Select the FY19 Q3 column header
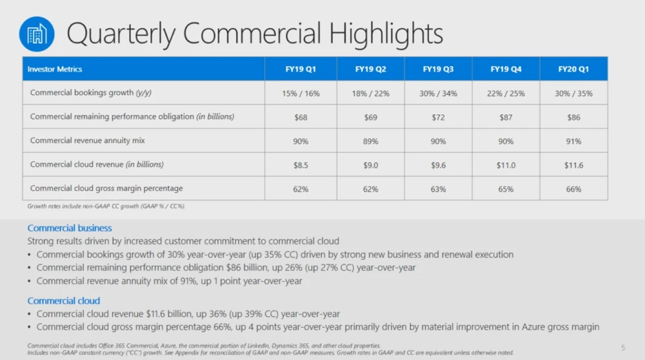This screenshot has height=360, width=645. (x=438, y=69)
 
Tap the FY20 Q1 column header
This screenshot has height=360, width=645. (x=573, y=69)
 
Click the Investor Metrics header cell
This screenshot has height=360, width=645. (x=55, y=69)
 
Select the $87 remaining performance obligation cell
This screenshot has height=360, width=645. (x=506, y=117)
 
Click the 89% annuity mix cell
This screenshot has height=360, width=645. (x=370, y=141)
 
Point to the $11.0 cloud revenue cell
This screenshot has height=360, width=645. (x=506, y=165)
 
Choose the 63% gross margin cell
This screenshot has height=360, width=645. (x=438, y=189)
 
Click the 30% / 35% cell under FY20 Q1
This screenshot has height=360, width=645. (x=573, y=93)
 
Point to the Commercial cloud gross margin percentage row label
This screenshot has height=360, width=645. (x=106, y=188)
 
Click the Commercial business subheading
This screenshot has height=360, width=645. (x=70, y=228)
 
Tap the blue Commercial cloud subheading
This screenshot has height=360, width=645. (x=64, y=301)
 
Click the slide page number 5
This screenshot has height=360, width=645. (x=623, y=348)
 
